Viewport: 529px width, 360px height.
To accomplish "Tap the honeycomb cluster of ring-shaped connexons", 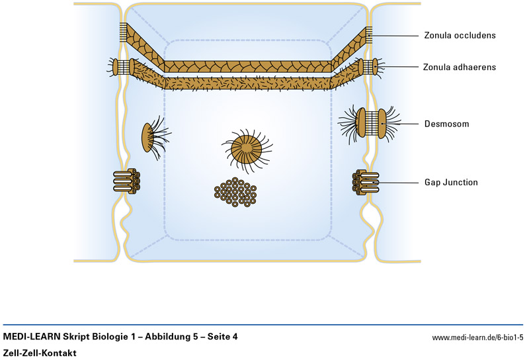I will tap(236, 192).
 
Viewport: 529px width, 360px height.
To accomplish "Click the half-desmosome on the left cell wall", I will tap(148, 138).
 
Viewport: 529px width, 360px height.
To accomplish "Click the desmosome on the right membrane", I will tap(370, 124).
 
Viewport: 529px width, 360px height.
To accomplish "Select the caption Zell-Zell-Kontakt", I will tap(39, 353).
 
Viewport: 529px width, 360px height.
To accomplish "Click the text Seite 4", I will tap(222, 337).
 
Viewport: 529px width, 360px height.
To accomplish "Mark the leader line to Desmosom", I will tap(403, 124).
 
